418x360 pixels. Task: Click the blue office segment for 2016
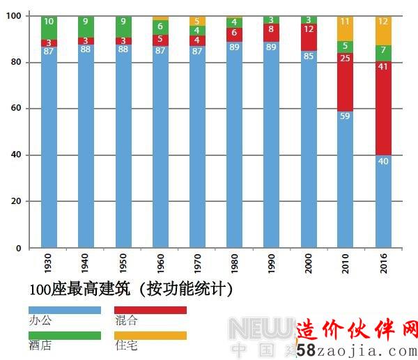(383, 201)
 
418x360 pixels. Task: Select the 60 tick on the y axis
(15, 109)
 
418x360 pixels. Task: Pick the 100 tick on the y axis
(14, 16)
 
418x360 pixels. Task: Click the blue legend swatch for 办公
(64, 310)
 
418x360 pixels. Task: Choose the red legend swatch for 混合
(150, 310)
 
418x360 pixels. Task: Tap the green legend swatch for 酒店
(64, 335)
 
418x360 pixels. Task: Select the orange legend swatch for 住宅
(150, 335)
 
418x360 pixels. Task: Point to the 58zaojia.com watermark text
(355, 351)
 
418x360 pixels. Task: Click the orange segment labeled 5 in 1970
(197, 21)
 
